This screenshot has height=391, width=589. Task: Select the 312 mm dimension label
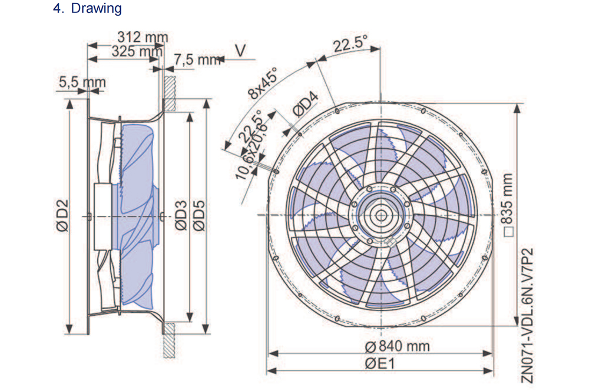point(143,37)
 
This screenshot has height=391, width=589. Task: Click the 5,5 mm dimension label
point(82,83)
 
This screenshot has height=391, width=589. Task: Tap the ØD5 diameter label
point(198,216)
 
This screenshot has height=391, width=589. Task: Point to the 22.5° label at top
point(350,44)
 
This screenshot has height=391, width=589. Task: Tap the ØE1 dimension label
point(379,363)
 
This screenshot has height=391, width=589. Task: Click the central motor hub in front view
point(380,216)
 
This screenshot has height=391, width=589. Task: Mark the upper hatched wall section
point(168,93)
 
